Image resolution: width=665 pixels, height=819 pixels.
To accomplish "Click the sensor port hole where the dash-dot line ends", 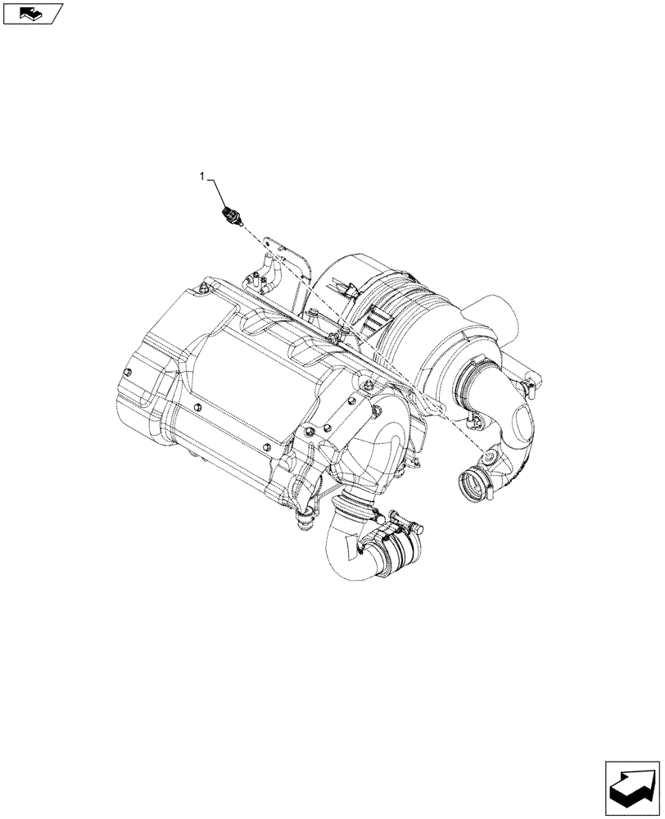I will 489,456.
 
